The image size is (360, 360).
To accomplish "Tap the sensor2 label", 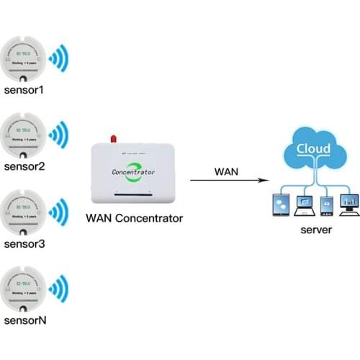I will coord(24,167).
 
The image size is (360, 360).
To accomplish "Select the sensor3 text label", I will coord(24,243).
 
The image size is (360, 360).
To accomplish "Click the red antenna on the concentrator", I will coord(112,138).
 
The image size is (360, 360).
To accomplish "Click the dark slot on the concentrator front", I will coord(135,194).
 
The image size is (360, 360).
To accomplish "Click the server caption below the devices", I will coord(315,230).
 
